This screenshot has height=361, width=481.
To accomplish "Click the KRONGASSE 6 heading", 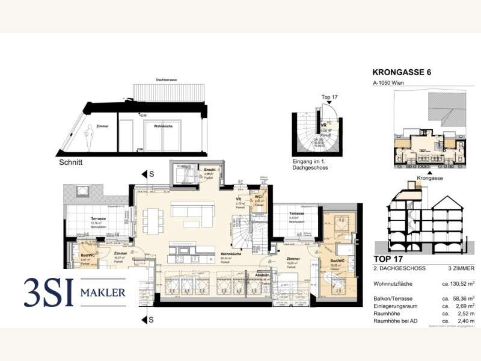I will (402, 73).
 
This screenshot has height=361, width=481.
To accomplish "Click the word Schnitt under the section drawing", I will (71, 162).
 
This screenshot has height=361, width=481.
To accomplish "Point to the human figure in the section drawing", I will (91, 137).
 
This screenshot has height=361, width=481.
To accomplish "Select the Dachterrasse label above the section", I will (165, 80).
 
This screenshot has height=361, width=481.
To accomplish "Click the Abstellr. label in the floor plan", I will (262, 275).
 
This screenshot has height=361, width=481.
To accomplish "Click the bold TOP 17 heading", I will (388, 259).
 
